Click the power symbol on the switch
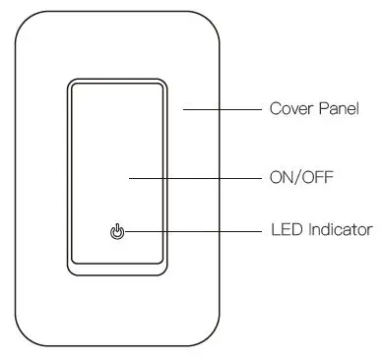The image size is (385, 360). pyautogui.click(x=117, y=232)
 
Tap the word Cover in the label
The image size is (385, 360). pyautogui.click(x=289, y=107)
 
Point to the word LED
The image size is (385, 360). pyautogui.click(x=283, y=231)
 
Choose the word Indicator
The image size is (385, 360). pyautogui.click(x=337, y=231)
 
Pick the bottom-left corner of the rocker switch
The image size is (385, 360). pyautogui.click(x=71, y=272)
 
